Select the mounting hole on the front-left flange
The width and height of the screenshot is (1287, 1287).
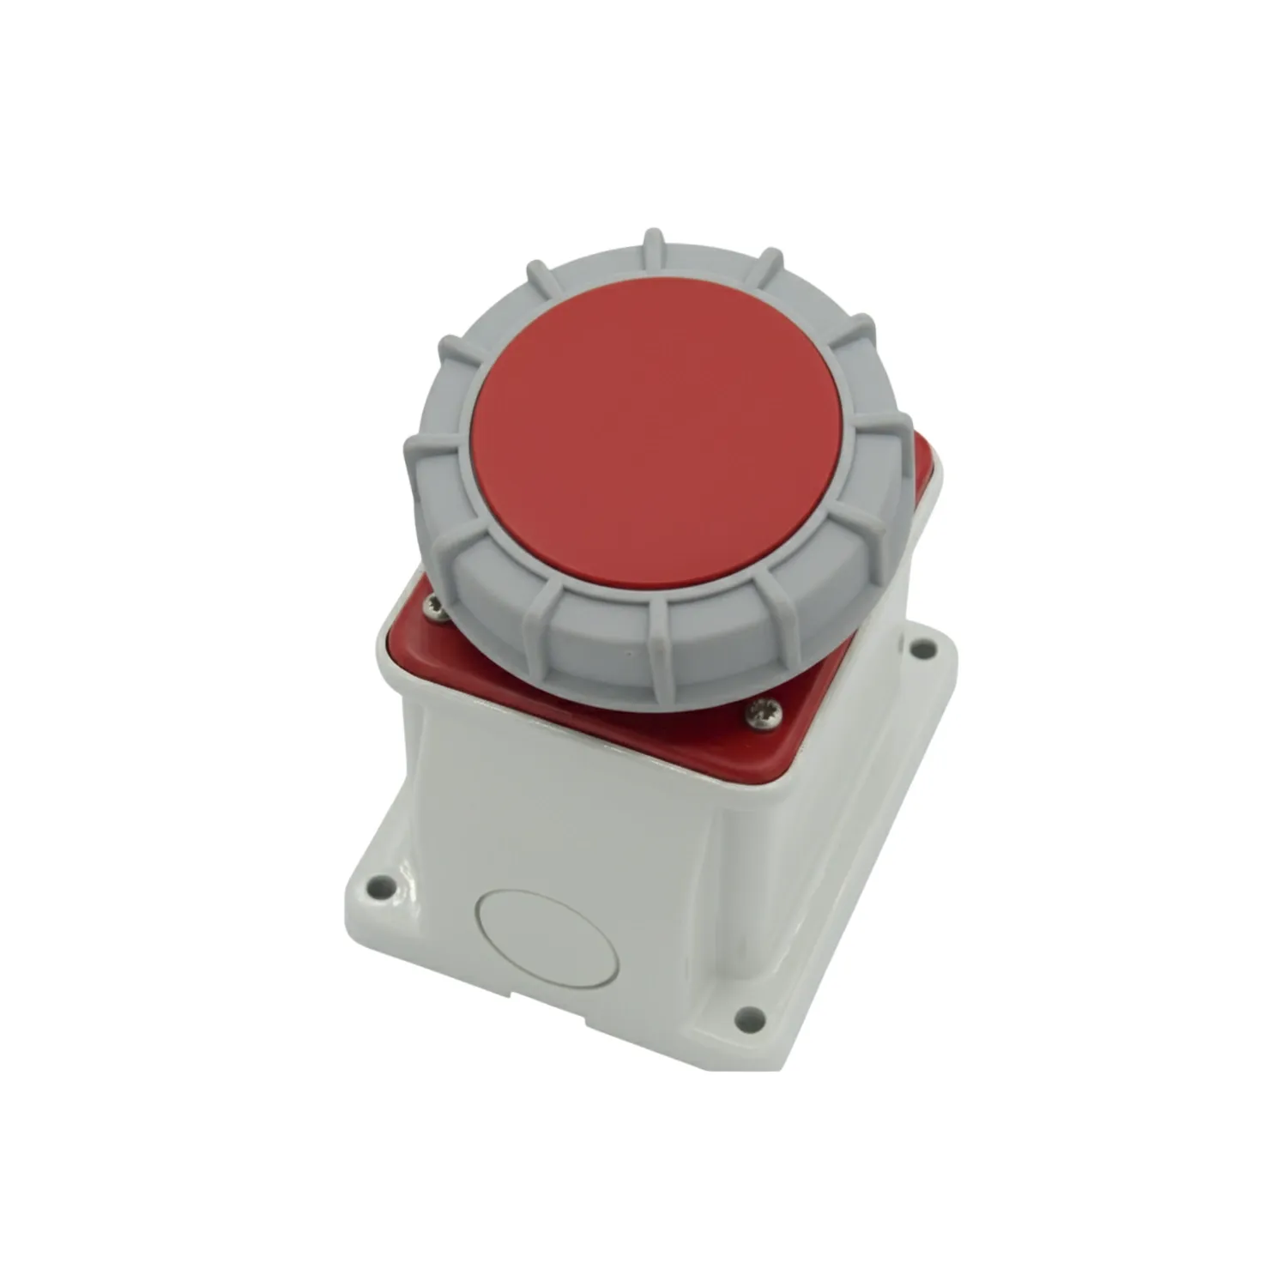[381, 882]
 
